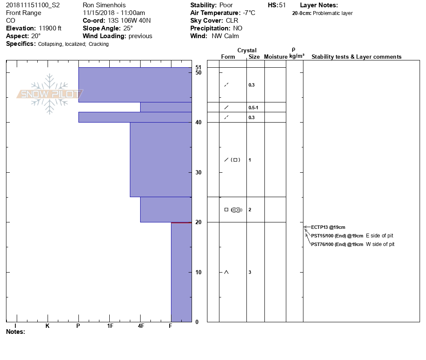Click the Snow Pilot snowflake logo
point(50,94)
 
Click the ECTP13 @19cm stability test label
point(328,227)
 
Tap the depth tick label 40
point(198,123)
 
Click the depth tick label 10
point(198,272)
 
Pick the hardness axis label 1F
point(110,326)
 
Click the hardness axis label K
point(48,326)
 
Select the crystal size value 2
point(250,210)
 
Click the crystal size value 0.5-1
point(253,107)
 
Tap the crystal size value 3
point(250,272)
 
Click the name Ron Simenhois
point(105,5)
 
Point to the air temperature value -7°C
point(249,13)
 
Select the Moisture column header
point(276,57)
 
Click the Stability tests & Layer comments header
point(356,57)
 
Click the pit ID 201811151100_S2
point(33,5)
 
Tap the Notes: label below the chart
point(15,332)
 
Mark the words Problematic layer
point(333,13)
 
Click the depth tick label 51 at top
point(198,67)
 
